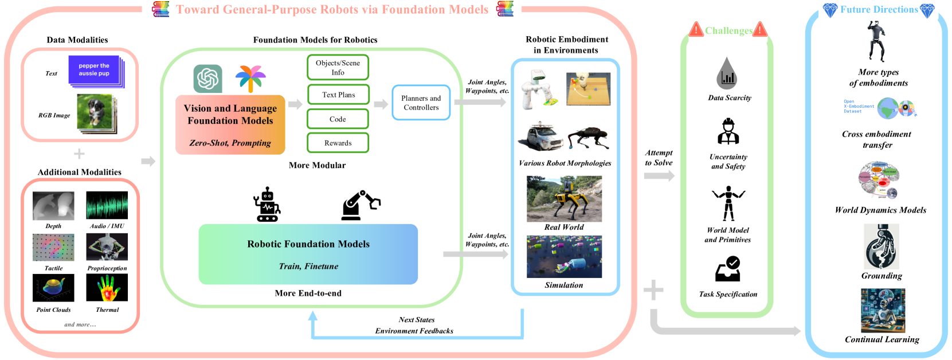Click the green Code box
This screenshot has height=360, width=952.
tap(338, 119)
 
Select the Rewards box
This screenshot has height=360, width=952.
tap(338, 143)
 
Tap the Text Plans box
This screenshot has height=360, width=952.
tap(338, 95)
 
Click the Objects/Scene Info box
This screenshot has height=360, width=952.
tap(338, 68)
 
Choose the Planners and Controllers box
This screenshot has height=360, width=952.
tap(421, 103)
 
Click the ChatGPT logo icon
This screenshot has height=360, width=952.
tap(207, 79)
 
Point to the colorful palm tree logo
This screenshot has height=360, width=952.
tap(250, 79)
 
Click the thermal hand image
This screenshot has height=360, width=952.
tap(107, 288)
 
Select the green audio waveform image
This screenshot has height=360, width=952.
tap(107, 205)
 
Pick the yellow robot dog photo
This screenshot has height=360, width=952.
tap(564, 198)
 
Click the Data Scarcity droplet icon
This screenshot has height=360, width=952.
tap(727, 73)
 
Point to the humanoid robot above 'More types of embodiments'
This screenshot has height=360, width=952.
tap(876, 41)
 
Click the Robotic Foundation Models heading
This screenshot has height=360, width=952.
tap(308, 244)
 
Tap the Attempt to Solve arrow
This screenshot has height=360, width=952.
tap(659, 175)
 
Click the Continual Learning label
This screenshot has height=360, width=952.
tap(882, 339)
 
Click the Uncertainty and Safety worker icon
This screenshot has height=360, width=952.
tap(728, 131)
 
